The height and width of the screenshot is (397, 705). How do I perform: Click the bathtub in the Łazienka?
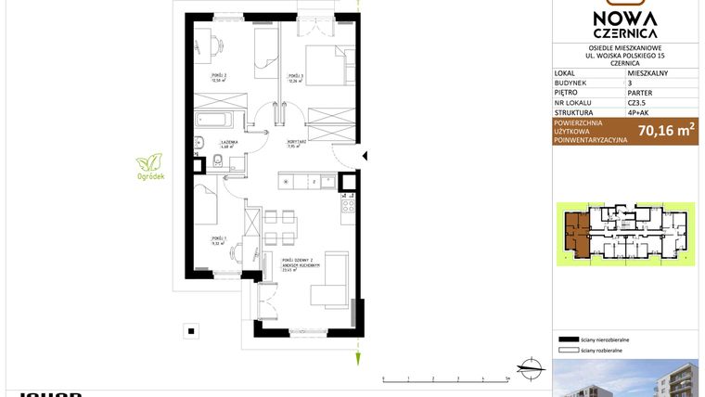point(215,120)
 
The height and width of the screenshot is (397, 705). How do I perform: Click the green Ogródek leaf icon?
point(148,162)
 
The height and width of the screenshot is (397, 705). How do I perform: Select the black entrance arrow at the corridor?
point(365,156)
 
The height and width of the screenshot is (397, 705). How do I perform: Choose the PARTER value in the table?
point(640,92)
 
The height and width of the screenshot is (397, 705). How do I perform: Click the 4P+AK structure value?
point(639,114)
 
